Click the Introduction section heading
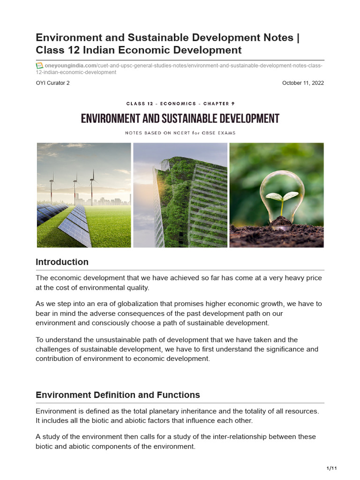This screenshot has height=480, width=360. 62,262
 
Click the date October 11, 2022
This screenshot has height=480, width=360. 303,83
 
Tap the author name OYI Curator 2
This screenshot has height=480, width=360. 55,83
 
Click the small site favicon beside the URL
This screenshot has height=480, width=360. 39,66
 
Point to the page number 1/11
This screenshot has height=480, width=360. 331,468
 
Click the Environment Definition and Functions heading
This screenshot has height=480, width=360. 118,395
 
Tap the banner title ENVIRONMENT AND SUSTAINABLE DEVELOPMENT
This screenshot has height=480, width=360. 180,119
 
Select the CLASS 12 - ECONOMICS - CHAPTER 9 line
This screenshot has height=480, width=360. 180,104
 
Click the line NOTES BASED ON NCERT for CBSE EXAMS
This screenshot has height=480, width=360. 180,133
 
